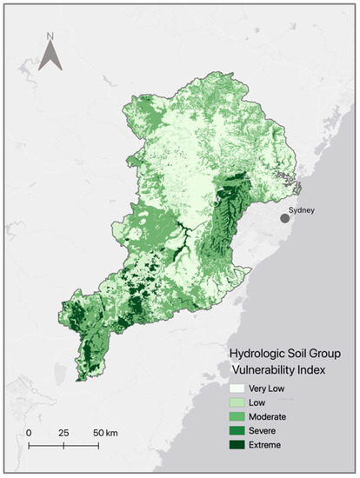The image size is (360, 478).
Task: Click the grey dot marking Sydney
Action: [x=284, y=218]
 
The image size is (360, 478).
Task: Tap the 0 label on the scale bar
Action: [x=29, y=432]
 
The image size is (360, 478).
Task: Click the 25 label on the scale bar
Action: [x=63, y=432]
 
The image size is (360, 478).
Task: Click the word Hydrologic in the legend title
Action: [x=257, y=355]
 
